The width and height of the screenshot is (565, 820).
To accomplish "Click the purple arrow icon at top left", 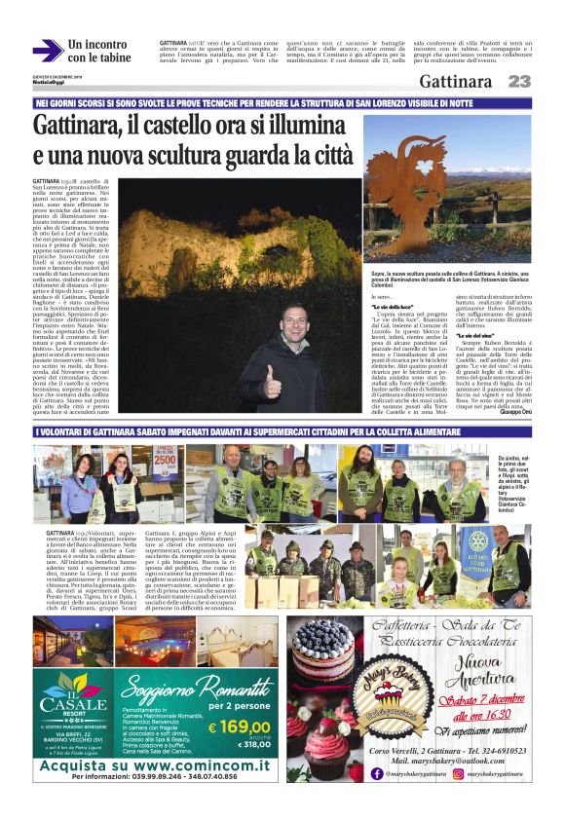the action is click(x=48, y=51).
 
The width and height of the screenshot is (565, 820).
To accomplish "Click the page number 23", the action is click(x=520, y=81).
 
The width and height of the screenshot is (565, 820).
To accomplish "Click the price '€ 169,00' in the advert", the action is click(x=240, y=726).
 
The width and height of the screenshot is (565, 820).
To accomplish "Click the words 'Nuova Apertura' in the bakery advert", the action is click(x=488, y=671).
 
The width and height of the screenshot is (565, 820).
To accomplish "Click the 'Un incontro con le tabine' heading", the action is click(x=98, y=51).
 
